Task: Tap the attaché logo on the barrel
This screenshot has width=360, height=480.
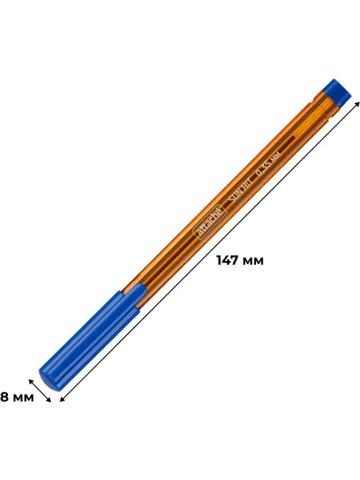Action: click(x=211, y=221)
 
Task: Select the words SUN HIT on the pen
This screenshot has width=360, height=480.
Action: click(x=240, y=192)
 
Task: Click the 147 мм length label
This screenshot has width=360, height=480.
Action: click(x=240, y=261)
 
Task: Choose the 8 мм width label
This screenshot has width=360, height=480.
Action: click(x=16, y=397)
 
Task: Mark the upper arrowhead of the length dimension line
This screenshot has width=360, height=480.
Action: click(x=357, y=105)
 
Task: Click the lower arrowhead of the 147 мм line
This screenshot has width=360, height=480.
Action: click(x=62, y=399)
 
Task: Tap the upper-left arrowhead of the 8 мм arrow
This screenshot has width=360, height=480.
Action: click(x=31, y=381)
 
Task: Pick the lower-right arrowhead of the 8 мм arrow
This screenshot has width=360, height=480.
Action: click(x=49, y=399)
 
